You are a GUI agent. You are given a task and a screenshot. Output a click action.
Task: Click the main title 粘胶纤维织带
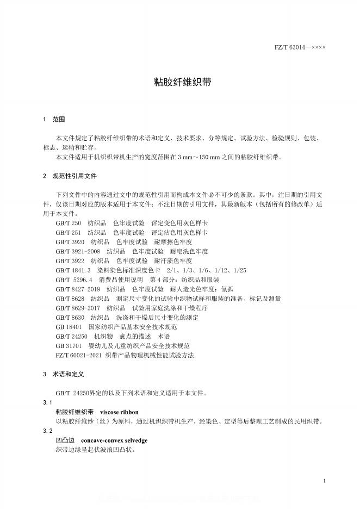tap(180, 82)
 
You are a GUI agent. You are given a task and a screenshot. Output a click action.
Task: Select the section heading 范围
tap(58, 119)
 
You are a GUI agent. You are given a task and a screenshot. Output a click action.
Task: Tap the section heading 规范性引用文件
tap(75, 176)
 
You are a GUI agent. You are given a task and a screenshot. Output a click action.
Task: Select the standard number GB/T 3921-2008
tap(78, 251)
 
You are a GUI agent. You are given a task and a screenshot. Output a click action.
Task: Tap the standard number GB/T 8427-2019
tap(78, 289)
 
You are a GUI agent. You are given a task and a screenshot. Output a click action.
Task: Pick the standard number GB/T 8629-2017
tap(78, 307)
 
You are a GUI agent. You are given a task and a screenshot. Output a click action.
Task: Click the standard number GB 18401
tap(69, 327)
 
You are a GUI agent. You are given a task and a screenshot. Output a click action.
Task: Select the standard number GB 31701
tap(69, 345)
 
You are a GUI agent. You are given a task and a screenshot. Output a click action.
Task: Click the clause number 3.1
tap(47, 402)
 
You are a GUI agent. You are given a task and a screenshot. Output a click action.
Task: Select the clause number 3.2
tap(47, 431)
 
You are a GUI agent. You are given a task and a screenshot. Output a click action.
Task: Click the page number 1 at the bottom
tap(324, 481)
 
